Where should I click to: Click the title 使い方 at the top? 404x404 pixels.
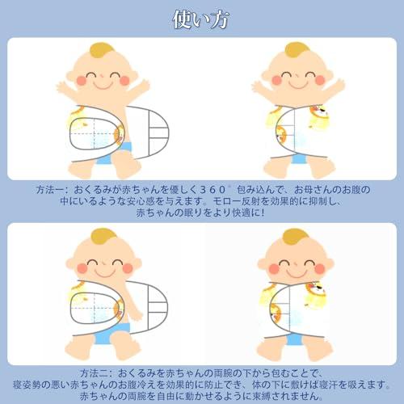click(200, 19)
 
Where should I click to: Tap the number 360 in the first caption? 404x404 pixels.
click(213, 190)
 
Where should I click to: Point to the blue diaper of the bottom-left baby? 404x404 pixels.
click(112, 334)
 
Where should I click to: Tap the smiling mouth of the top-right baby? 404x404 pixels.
click(297, 85)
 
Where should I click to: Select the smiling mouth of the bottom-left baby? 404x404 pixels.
click(104, 272)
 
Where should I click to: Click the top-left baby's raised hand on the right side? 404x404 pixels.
click(142, 84)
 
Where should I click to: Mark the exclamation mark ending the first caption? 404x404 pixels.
click(263, 213)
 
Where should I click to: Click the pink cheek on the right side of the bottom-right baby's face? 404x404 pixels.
click(320, 268)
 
